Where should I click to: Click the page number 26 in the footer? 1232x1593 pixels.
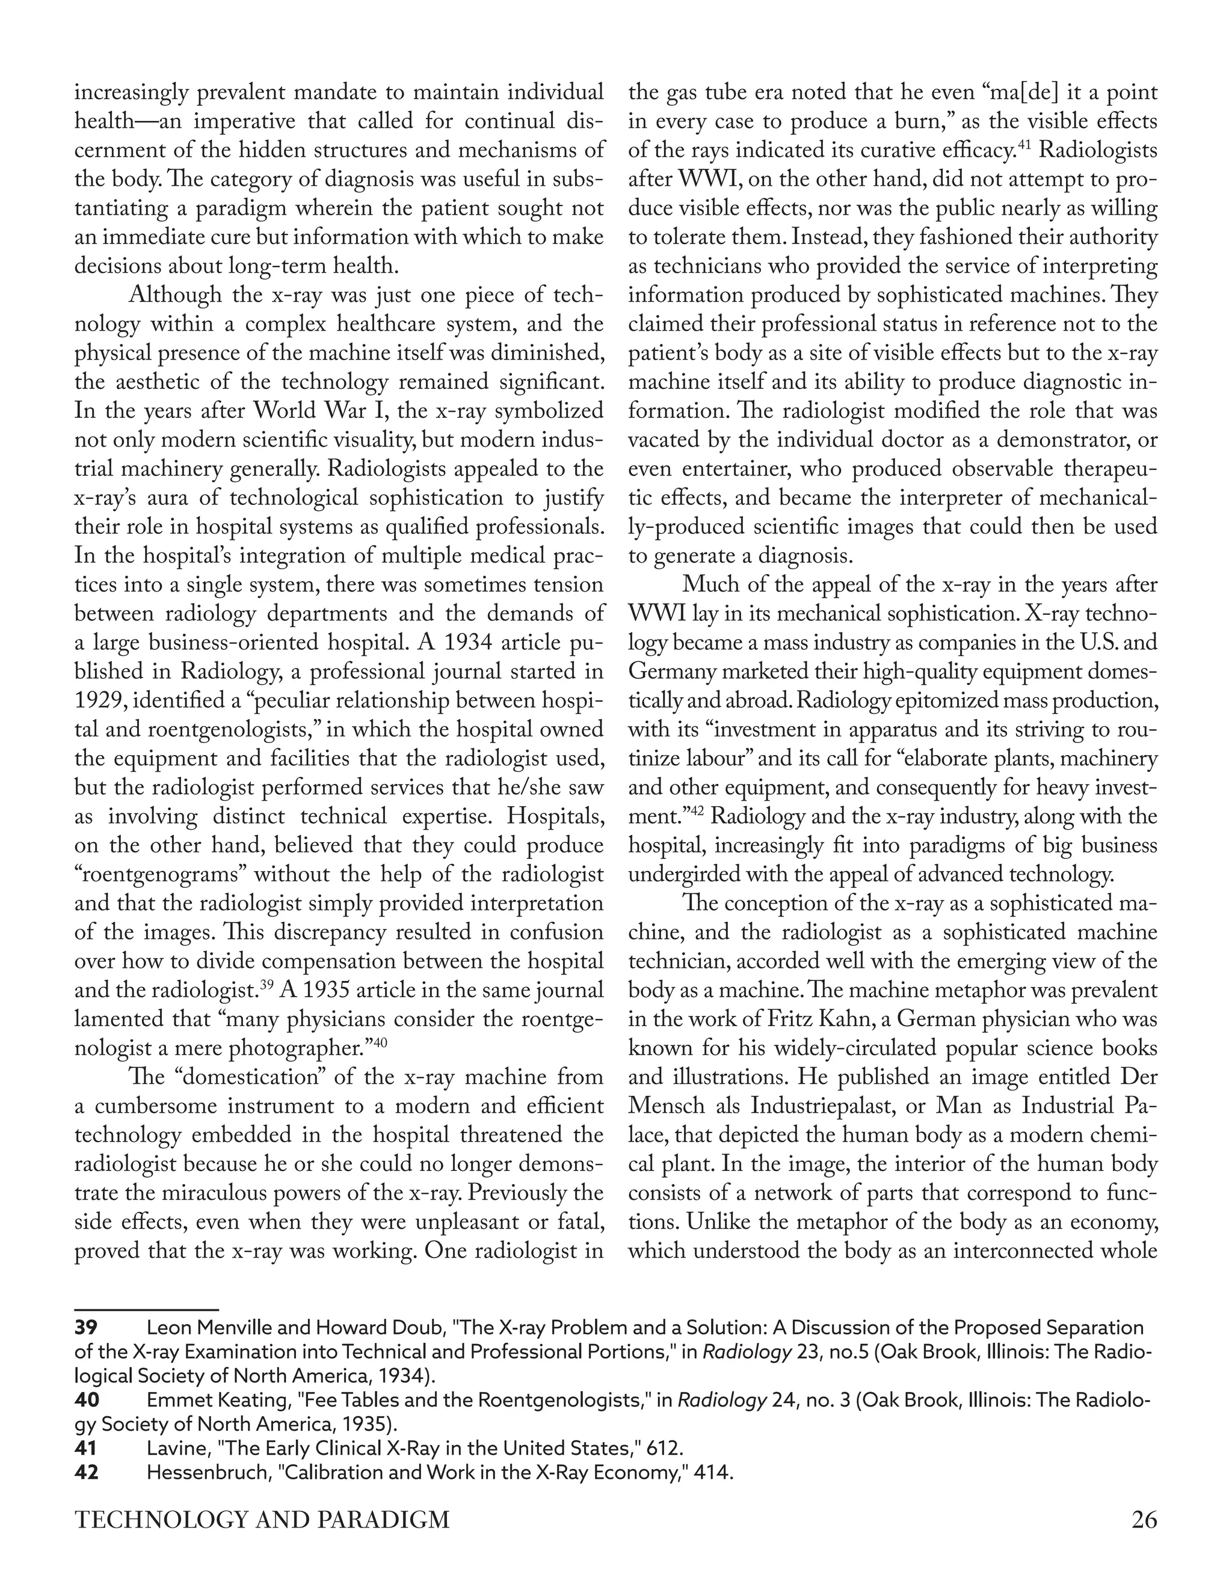click(1144, 1519)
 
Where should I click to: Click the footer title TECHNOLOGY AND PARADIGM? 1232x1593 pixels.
click(263, 1519)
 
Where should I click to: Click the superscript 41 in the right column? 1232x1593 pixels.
click(1023, 145)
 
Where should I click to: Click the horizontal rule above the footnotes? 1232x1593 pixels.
click(146, 1310)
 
